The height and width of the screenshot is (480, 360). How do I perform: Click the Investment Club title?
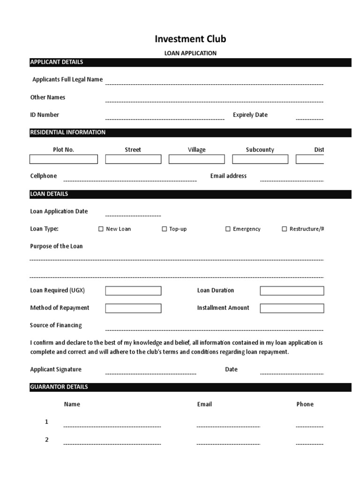pos(190,38)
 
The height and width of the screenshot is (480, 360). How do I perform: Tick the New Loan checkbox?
pos(101,229)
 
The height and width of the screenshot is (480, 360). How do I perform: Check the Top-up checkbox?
pos(165,229)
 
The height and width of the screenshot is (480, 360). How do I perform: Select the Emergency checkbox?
pos(228,229)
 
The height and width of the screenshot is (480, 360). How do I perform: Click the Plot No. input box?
pos(64,159)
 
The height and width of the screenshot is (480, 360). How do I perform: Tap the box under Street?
pos(133,159)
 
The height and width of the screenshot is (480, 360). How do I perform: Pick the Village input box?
pos(197,159)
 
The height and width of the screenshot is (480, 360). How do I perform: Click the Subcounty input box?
pos(260,159)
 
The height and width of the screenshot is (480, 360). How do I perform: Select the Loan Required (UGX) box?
pos(133,291)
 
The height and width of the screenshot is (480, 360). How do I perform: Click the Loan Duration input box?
pos(292,291)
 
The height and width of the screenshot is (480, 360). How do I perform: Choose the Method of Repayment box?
pos(133,308)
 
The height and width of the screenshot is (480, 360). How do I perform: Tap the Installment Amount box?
pos(292,308)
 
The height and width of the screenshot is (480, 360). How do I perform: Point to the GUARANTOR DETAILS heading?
pos(59,387)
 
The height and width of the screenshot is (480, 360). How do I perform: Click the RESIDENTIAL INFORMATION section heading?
pos(68,132)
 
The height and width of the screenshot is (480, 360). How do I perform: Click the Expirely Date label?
pos(250,115)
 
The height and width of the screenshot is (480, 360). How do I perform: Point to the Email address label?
pos(228,176)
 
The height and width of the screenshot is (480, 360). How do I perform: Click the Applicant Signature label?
pos(56,369)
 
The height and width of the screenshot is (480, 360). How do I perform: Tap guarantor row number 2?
pos(47,440)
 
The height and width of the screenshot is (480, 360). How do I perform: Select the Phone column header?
pos(305,404)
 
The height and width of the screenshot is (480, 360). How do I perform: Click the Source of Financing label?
pos(56,325)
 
